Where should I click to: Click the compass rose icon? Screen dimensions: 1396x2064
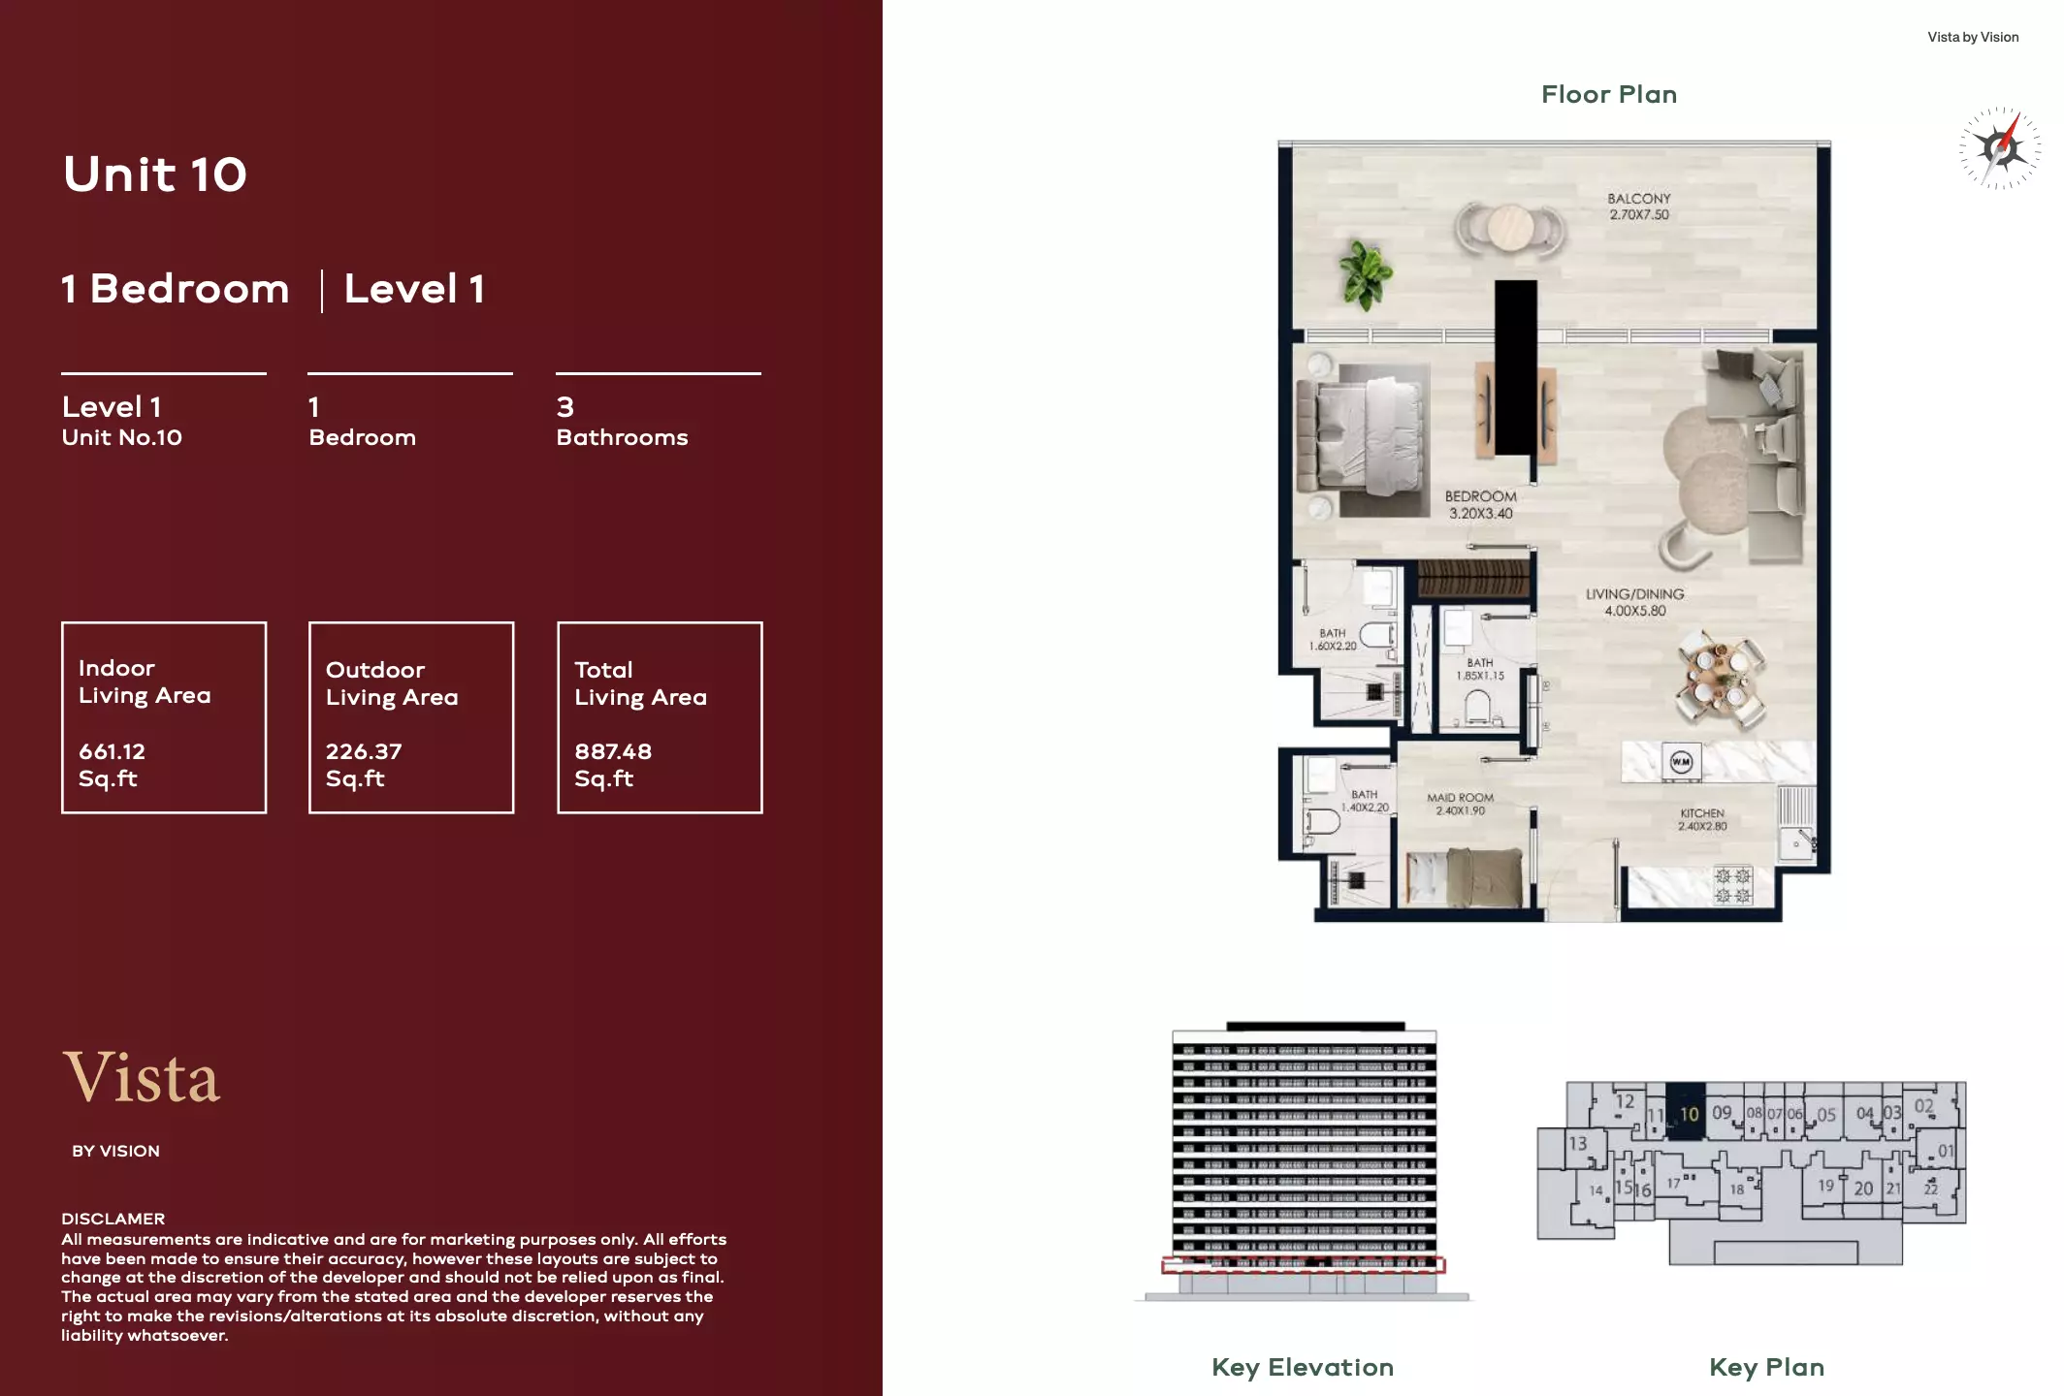click(x=2000, y=148)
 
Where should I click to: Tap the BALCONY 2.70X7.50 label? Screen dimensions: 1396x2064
click(x=1639, y=206)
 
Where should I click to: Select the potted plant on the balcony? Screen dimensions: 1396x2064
click(x=1365, y=273)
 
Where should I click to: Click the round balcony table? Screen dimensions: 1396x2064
click(x=1510, y=229)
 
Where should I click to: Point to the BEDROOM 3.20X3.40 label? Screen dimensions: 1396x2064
click(x=1480, y=504)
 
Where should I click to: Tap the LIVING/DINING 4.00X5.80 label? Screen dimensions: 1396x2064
click(x=1634, y=602)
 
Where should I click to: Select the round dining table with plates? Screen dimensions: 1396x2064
click(x=1721, y=678)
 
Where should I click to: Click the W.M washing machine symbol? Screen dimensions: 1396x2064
click(x=1681, y=762)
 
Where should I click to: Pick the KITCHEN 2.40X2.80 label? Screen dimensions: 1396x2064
click(x=1702, y=819)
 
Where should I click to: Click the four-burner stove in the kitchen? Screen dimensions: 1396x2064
click(x=1732, y=885)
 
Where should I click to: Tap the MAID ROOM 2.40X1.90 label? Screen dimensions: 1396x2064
click(x=1460, y=804)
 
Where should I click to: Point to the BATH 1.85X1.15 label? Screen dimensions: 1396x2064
click(x=1479, y=669)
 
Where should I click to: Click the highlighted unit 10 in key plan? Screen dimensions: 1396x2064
click(x=1689, y=1114)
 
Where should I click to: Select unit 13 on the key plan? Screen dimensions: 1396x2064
click(x=1578, y=1144)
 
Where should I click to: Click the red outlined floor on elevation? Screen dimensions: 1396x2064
click(x=1304, y=1264)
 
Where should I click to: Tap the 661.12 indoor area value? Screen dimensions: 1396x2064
click(x=113, y=751)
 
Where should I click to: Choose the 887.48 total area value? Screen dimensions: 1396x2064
click(x=613, y=751)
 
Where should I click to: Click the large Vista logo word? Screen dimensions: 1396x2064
click(x=143, y=1078)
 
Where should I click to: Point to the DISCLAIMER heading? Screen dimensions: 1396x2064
click(x=113, y=1219)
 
